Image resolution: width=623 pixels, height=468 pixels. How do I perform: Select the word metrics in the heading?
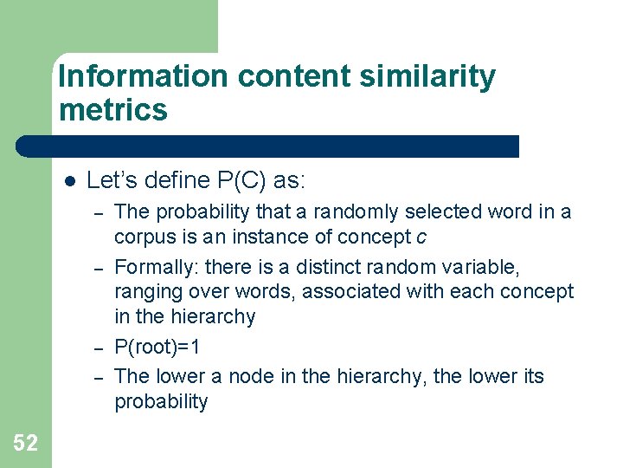pyautogui.click(x=113, y=110)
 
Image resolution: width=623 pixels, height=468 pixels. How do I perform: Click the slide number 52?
pyautogui.click(x=26, y=444)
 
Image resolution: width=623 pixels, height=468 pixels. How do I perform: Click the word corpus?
pyautogui.click(x=145, y=237)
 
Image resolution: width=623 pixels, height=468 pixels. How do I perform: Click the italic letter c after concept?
pyautogui.click(x=421, y=237)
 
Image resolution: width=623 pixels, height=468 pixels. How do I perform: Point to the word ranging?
pyautogui.click(x=145, y=291)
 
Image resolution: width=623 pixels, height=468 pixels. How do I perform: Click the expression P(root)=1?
pyautogui.click(x=157, y=348)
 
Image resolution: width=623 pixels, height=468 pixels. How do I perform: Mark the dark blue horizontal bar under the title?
pyautogui.click(x=268, y=146)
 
